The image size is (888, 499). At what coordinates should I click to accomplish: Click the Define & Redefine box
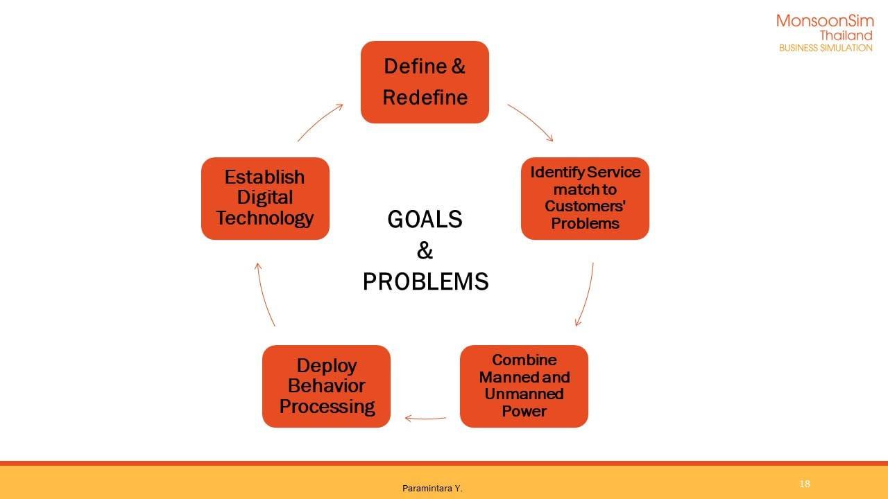click(425, 82)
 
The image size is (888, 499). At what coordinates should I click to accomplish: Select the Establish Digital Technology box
click(265, 198)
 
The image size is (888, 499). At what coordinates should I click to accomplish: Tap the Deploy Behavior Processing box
click(326, 386)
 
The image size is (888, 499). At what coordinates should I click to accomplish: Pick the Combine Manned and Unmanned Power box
click(524, 386)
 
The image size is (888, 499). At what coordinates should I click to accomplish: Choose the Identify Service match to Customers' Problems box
click(585, 198)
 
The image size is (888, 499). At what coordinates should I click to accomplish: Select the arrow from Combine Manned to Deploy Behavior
click(425, 418)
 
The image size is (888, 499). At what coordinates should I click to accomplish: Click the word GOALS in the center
click(425, 219)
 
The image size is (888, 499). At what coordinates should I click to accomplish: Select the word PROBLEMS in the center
click(425, 281)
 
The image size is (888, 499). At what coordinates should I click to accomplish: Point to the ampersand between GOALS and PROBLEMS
click(425, 250)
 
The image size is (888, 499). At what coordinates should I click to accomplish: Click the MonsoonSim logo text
click(825, 21)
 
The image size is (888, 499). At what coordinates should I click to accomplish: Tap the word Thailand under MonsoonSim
click(846, 35)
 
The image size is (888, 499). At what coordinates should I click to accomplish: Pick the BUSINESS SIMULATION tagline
click(826, 48)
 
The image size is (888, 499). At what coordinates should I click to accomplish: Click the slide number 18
click(805, 484)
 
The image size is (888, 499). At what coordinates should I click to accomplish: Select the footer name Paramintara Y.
click(432, 489)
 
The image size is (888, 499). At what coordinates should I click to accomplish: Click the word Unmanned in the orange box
click(524, 394)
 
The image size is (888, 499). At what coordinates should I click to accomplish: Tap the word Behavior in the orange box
click(326, 386)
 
